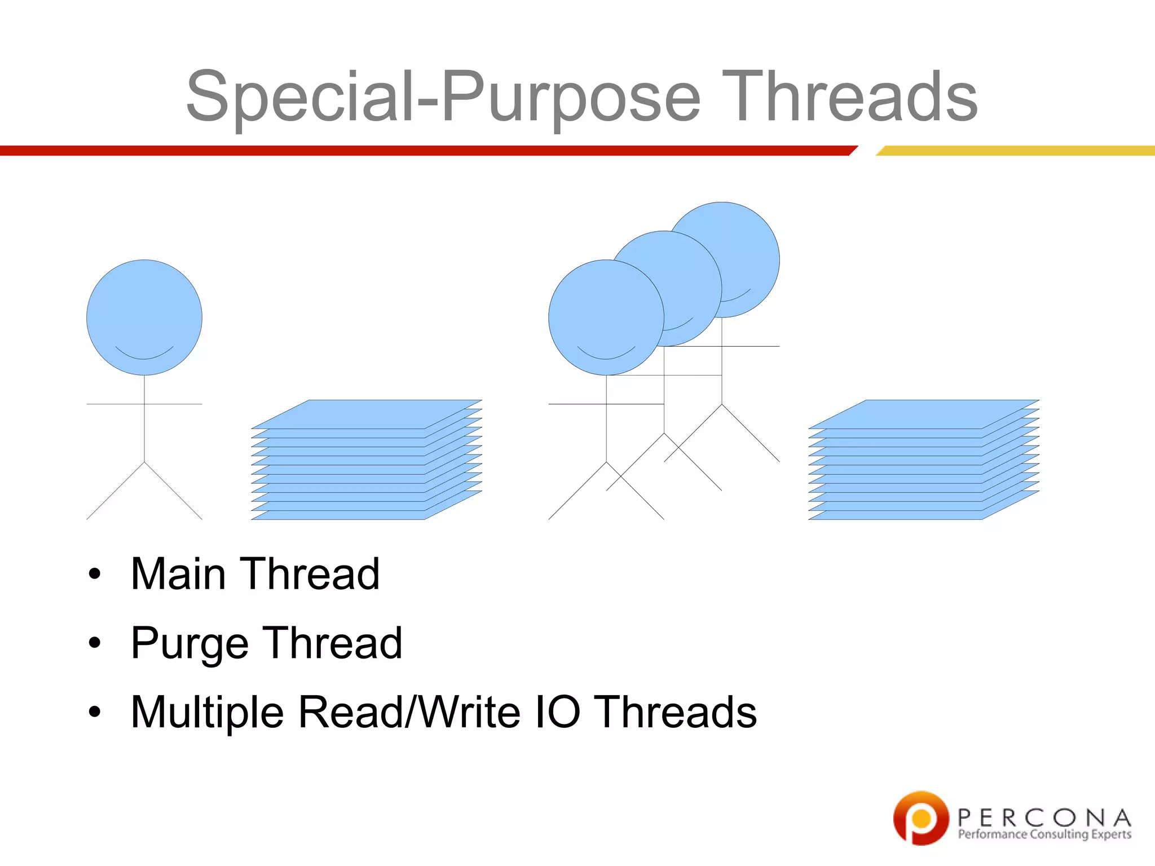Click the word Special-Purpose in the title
click(x=443, y=97)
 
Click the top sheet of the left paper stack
click(x=367, y=414)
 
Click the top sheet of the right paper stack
click(x=924, y=414)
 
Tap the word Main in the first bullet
click(x=178, y=574)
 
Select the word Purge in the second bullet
click(x=189, y=644)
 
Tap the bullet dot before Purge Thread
click(x=95, y=643)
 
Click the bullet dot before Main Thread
click(x=95, y=574)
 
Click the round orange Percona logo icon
click(x=920, y=818)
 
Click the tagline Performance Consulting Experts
click(x=1044, y=834)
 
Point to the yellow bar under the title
click(x=1015, y=151)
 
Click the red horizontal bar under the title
click(x=423, y=151)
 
